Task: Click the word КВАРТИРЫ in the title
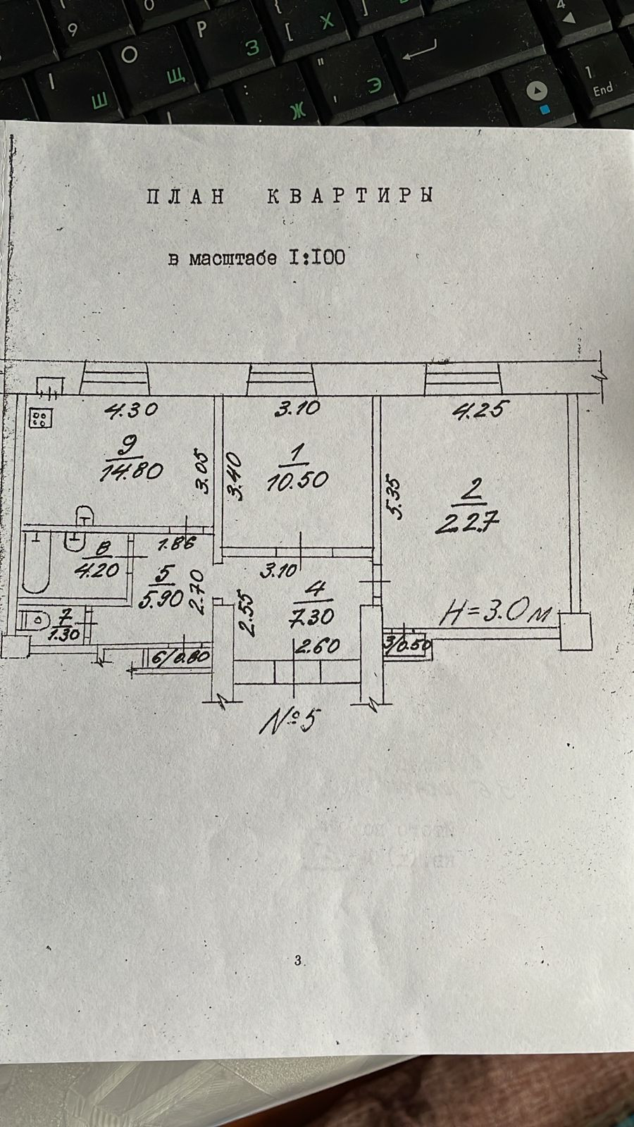[x=349, y=196]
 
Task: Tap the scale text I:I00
[x=316, y=257]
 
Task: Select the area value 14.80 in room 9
[x=132, y=470]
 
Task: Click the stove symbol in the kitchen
[x=40, y=419]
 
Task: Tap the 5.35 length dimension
[x=395, y=499]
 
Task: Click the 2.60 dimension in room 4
[x=318, y=646]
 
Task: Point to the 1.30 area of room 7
[x=66, y=633]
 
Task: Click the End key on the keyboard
[x=603, y=89]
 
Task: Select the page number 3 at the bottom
[x=298, y=959]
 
